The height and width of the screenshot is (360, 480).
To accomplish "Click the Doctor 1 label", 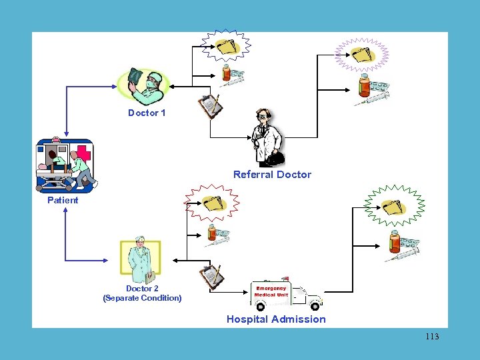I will [147, 113].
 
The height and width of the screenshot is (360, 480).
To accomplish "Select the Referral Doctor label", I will [272, 175].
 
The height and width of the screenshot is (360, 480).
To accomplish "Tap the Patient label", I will [63, 200].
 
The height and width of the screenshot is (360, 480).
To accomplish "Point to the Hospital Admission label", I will [276, 319].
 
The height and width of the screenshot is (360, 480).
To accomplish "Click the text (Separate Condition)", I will [142, 298].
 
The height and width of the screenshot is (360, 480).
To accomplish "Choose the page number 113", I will [432, 337].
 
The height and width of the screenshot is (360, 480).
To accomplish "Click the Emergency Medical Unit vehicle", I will [286, 294].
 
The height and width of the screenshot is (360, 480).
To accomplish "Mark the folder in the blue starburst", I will [227, 46].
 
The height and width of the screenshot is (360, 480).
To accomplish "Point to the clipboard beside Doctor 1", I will [208, 104].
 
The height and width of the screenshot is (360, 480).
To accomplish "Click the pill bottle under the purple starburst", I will [364, 86].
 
